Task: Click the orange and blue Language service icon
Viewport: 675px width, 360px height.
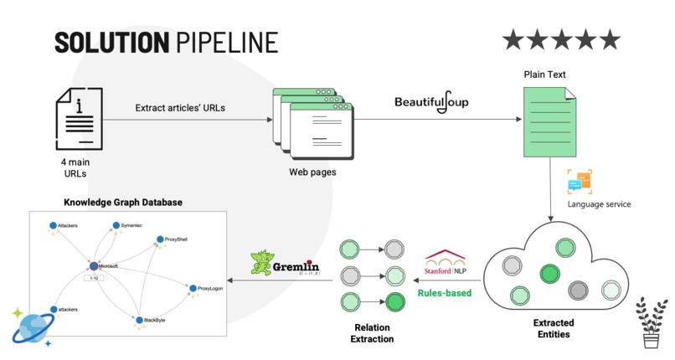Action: click(580, 182)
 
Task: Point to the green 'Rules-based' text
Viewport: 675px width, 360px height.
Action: click(444, 292)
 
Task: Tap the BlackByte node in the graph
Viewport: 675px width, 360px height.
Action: click(139, 319)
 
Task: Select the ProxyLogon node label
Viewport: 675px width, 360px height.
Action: click(210, 289)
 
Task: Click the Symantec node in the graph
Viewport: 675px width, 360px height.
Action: click(116, 226)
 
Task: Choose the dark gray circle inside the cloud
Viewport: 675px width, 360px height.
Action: click(578, 291)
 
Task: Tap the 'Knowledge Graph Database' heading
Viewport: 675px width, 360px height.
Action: click(123, 203)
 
